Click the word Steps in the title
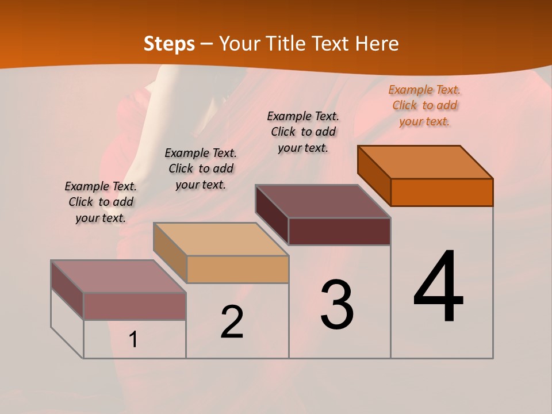click(169, 44)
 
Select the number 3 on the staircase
click(337, 305)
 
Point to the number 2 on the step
click(232, 322)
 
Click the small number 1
click(133, 340)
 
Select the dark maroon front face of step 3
click(339, 232)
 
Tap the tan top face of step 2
click(221, 239)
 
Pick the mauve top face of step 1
click(118, 277)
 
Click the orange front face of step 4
click(442, 192)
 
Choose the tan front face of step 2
click(237, 269)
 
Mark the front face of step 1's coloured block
click(135, 306)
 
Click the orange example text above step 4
click(424, 106)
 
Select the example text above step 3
click(303, 132)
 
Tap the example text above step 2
click(201, 168)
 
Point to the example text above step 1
click(101, 202)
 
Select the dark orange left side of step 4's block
click(374, 176)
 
